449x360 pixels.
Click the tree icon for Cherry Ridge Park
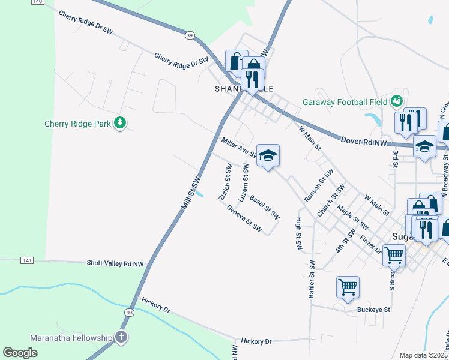pos(121,123)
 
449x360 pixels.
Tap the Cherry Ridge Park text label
pos(78,124)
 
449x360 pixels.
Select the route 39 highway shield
pos(190,36)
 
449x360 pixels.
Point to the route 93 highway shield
pos(130,313)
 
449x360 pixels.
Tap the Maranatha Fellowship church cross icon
pos(121,337)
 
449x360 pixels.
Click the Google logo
pos(20,353)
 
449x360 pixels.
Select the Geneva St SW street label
pos(244,218)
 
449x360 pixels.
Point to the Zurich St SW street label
pos(226,181)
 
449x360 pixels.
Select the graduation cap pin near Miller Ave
pos(268,155)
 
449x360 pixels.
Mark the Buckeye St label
pos(373,310)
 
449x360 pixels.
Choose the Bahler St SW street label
pos(312,280)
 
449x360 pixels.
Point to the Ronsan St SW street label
pos(319,185)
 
